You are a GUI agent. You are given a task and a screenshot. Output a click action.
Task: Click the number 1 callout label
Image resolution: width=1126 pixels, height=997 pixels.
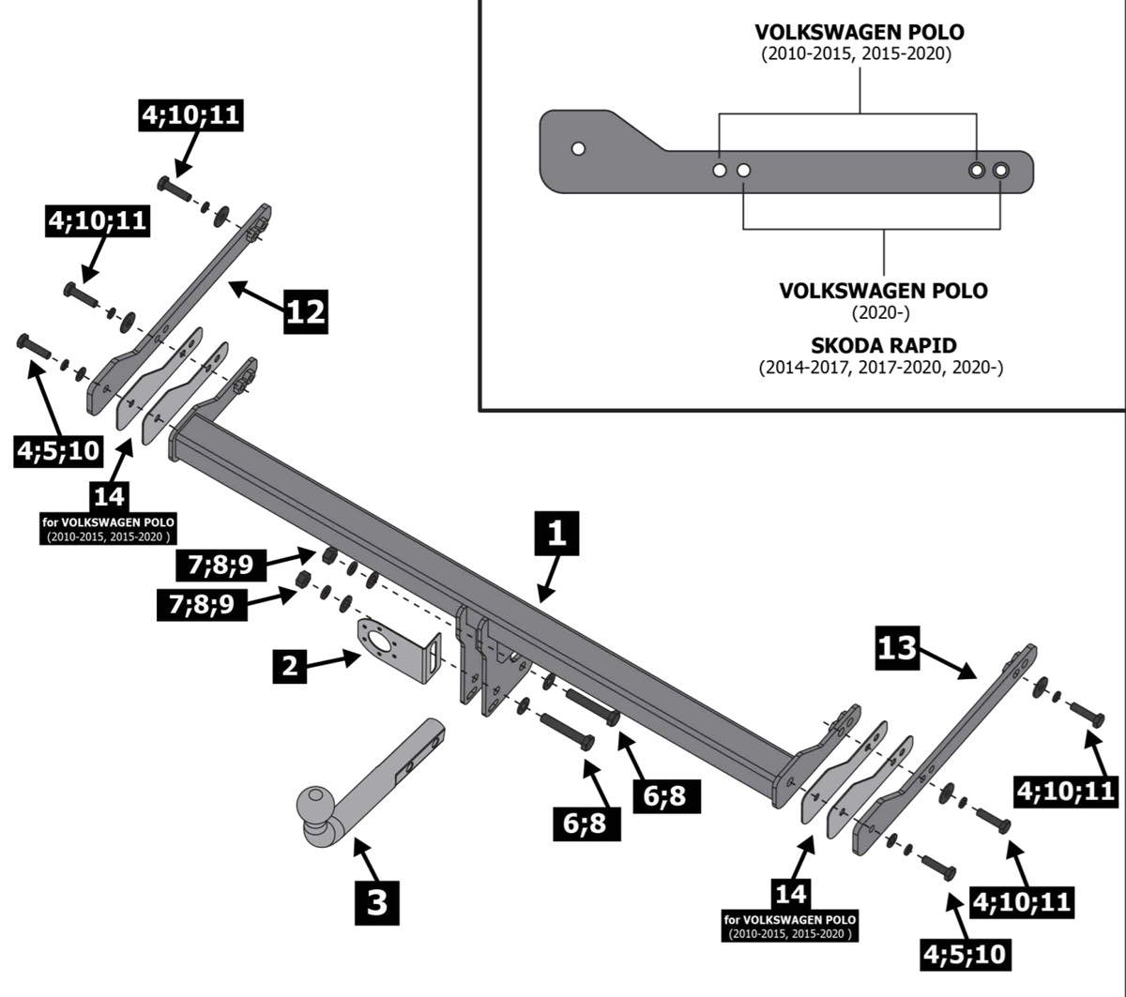point(556,536)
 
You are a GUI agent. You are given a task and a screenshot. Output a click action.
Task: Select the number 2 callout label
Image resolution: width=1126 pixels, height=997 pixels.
point(291,667)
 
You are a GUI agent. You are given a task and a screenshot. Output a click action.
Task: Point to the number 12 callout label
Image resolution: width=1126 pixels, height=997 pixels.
point(306,310)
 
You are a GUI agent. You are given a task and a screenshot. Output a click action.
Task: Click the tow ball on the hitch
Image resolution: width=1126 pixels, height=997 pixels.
point(315,806)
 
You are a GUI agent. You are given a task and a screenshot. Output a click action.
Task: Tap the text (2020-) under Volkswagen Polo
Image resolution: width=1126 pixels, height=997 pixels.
point(882,312)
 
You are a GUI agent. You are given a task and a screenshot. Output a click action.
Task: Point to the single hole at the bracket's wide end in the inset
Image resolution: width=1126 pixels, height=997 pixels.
point(578,148)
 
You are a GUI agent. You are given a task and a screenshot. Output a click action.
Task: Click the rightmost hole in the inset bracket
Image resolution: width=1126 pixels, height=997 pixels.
point(1000,170)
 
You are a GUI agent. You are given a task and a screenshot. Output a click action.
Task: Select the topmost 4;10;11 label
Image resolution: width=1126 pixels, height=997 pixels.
point(191,115)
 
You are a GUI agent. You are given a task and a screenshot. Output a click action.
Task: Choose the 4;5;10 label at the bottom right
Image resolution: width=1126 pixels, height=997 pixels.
point(964,955)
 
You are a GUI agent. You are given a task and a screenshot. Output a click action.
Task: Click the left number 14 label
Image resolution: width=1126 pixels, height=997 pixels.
point(110,494)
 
